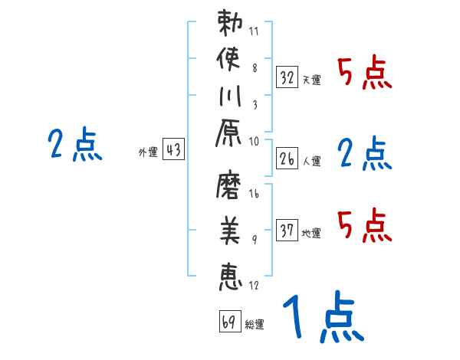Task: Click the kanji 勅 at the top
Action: [x=231, y=23]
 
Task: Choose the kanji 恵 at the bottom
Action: [x=230, y=274]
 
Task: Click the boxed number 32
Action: [x=287, y=77]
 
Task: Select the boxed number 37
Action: [x=287, y=231]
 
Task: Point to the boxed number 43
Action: [x=173, y=150]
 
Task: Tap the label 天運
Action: [x=312, y=80]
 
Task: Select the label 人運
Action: [x=312, y=161]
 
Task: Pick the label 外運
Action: [x=148, y=152]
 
